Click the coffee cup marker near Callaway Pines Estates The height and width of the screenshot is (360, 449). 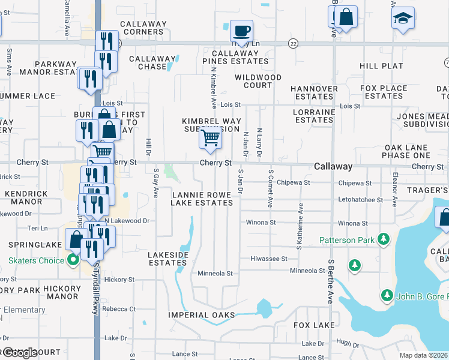click(x=241, y=31)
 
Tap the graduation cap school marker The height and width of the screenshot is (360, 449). click(x=403, y=19)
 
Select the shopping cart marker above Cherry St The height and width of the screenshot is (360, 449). click(x=210, y=137)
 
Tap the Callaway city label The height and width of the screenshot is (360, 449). click(x=333, y=166)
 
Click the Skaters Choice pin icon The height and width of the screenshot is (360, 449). click(x=73, y=260)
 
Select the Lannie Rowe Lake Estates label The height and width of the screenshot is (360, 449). click(x=202, y=199)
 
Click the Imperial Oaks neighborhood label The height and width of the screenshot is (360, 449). click(x=201, y=315)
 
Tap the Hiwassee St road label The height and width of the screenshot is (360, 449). click(x=268, y=259)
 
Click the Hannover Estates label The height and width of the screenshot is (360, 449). click(x=314, y=92)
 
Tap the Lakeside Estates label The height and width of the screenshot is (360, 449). click(x=168, y=259)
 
